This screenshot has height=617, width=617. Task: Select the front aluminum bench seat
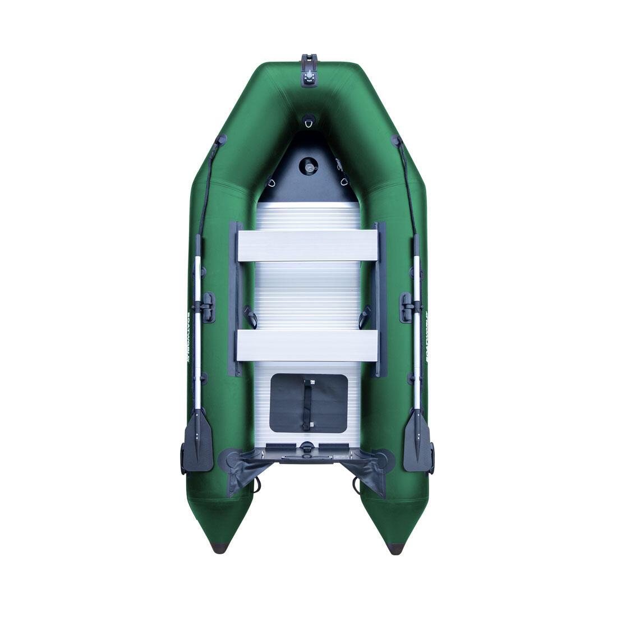pyautogui.click(x=308, y=246)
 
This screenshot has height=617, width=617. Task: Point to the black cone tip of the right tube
pyautogui.click(x=396, y=548)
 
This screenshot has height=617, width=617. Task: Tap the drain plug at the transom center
pyautogui.click(x=308, y=447)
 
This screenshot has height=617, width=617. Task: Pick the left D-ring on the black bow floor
pyautogui.click(x=271, y=183)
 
